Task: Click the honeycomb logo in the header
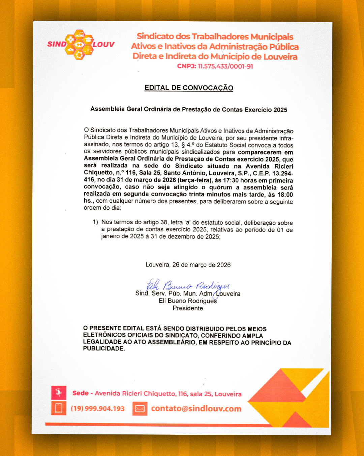[79, 45]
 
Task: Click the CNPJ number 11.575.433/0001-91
[225, 67]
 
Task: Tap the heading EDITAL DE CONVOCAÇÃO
[189, 88]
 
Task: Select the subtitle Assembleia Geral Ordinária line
[189, 109]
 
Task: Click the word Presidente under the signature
[188, 308]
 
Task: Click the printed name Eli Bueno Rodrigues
[188, 301]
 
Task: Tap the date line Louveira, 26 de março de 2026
[188, 265]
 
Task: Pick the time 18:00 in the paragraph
[285, 195]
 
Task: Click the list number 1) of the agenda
[95, 222]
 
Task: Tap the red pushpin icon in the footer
[59, 393]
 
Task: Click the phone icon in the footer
[59, 408]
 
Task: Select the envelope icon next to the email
[140, 409]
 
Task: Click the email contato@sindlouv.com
[196, 409]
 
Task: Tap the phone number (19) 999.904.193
[97, 409]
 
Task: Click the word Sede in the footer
[80, 393]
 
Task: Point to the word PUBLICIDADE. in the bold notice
[104, 349]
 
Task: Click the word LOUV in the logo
[104, 45]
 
